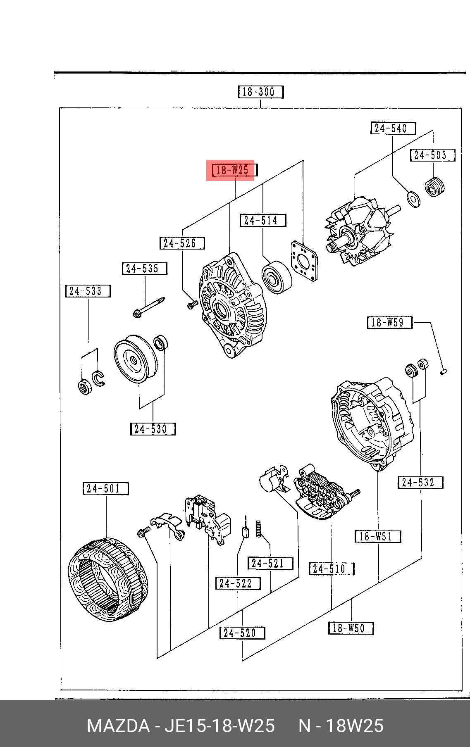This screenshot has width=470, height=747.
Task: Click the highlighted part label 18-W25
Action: [x=234, y=170]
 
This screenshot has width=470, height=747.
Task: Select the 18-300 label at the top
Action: [x=261, y=92]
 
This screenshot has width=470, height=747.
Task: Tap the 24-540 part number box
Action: [x=393, y=128]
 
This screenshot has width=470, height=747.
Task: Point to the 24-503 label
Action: [x=432, y=155]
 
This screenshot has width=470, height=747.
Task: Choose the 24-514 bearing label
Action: [x=263, y=220]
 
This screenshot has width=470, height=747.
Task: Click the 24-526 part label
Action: [x=182, y=243]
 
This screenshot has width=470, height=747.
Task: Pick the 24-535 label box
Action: [x=145, y=269]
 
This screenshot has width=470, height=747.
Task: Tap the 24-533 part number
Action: [x=88, y=291]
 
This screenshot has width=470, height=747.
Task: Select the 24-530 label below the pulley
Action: [x=153, y=429]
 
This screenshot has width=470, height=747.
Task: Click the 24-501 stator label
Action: [x=106, y=488]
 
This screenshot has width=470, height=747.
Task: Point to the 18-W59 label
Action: [x=390, y=322]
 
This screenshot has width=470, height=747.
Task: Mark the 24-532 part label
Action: [x=420, y=482]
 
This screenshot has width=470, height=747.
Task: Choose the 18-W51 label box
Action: [x=378, y=536]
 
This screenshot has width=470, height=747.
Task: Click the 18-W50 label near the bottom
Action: [x=351, y=628]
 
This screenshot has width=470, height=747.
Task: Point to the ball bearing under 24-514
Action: [x=277, y=277]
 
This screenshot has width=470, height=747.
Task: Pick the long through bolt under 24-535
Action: [x=149, y=307]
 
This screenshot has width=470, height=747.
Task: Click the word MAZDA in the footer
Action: [x=118, y=726]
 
